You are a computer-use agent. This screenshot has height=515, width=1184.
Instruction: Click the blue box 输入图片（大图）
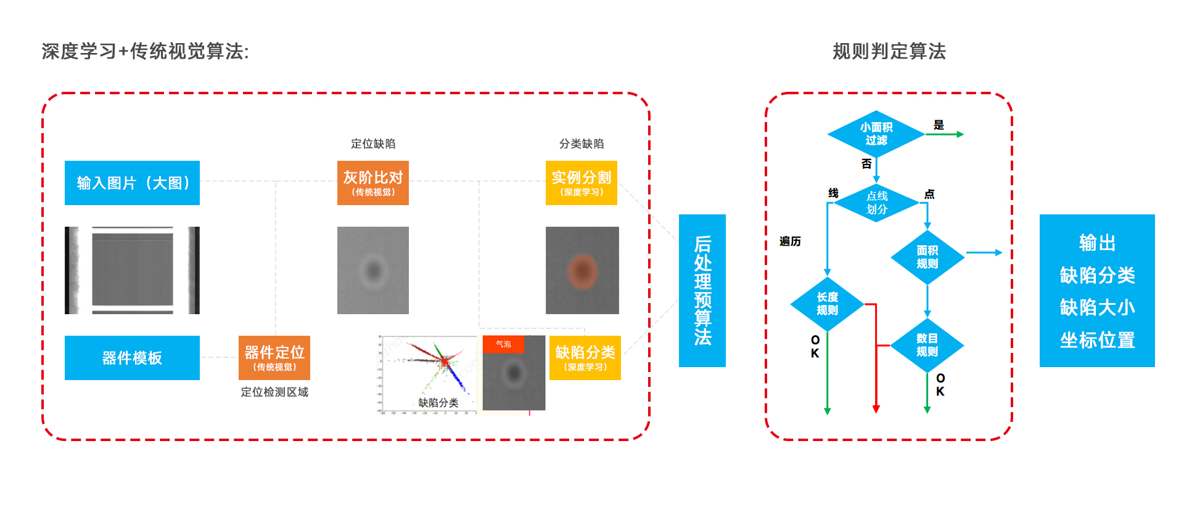click(x=132, y=183)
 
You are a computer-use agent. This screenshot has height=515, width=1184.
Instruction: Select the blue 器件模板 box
click(x=132, y=358)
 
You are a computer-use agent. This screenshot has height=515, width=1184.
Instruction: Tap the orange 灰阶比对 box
click(x=372, y=183)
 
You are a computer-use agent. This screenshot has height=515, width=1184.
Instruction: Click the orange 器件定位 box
click(x=274, y=358)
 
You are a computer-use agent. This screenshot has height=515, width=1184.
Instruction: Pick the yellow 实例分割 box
click(x=581, y=183)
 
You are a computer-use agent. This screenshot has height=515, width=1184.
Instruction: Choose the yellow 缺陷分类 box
click(x=585, y=358)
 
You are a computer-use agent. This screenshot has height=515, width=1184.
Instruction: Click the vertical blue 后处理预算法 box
click(x=702, y=291)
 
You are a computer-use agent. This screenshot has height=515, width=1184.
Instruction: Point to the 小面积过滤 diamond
click(x=876, y=134)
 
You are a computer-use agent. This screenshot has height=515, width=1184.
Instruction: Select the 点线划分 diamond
click(x=876, y=203)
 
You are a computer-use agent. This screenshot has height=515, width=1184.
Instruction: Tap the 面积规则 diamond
click(x=927, y=257)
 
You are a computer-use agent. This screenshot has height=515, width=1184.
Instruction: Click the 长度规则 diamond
click(x=827, y=304)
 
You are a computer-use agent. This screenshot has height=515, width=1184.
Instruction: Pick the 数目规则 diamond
click(x=927, y=345)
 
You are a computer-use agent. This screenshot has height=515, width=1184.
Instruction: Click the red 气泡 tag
click(x=503, y=344)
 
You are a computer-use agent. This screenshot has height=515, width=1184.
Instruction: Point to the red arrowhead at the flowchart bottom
click(x=876, y=408)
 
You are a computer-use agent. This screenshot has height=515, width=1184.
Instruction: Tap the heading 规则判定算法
click(x=889, y=51)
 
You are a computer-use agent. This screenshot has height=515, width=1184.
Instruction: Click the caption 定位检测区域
click(x=274, y=392)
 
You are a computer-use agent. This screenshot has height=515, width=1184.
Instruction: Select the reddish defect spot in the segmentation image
click(x=582, y=271)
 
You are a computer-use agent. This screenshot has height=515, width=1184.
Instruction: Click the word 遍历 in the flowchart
click(x=790, y=241)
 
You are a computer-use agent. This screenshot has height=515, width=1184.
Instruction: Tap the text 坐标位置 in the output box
click(x=1097, y=340)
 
